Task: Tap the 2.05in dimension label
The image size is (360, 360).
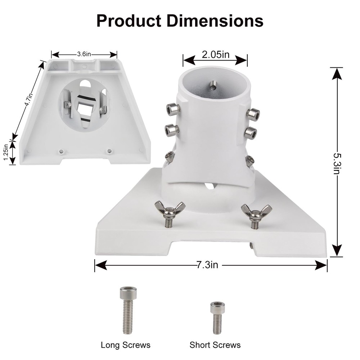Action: [x=215, y=55]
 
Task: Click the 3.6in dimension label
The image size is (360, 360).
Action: [x=84, y=54]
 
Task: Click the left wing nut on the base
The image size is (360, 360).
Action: [x=170, y=209]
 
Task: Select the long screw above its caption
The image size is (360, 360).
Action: [x=128, y=310]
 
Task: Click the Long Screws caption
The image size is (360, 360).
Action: [x=125, y=345]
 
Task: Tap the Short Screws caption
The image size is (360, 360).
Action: [x=215, y=345]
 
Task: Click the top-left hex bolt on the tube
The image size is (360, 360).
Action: [x=173, y=108]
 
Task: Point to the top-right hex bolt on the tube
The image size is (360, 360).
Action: [x=253, y=114]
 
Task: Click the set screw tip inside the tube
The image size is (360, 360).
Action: [x=213, y=85]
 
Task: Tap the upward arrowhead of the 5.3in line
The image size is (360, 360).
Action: [x=336, y=74]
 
